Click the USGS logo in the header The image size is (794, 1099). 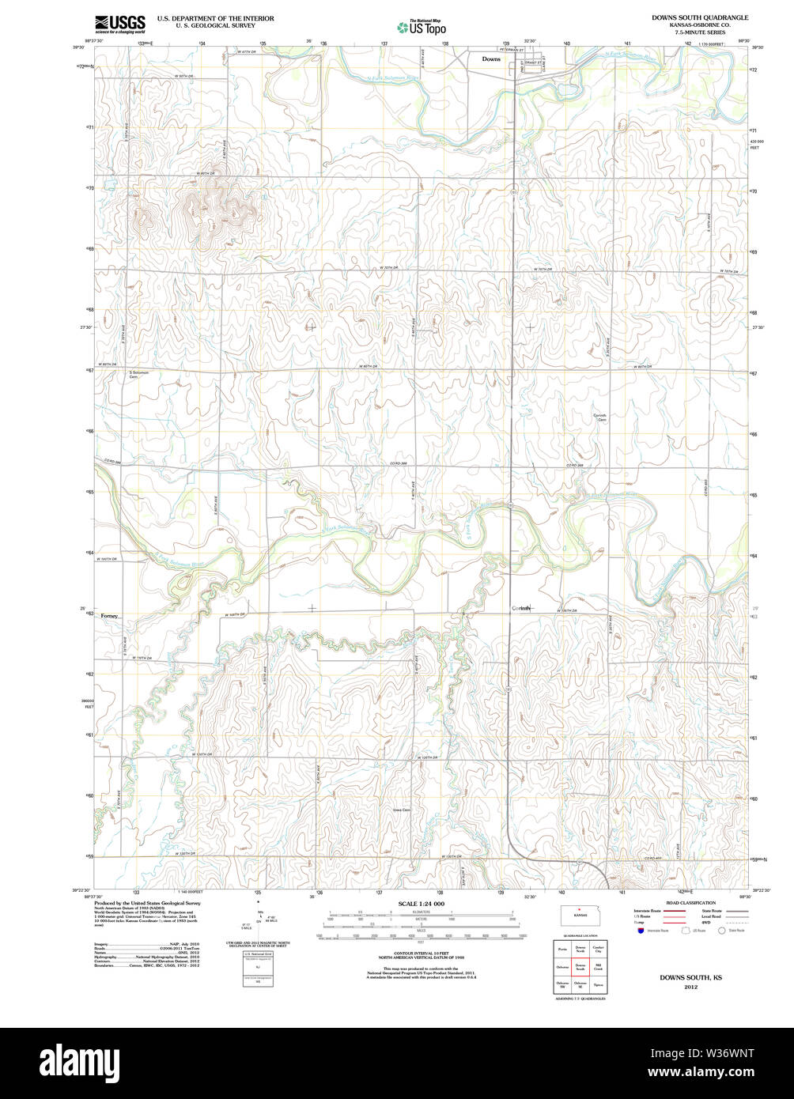click(119, 23)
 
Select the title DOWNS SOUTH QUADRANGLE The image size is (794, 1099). click(699, 17)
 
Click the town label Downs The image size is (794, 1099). click(491, 59)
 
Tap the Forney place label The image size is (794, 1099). click(109, 616)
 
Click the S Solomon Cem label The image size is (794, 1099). click(139, 372)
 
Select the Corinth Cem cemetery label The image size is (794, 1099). click(601, 417)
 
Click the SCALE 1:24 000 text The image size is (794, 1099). click(421, 904)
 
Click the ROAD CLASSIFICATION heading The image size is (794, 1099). click(690, 902)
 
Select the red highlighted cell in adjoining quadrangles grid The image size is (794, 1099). click(580, 966)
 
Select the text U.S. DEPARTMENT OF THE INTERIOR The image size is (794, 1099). click(215, 17)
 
